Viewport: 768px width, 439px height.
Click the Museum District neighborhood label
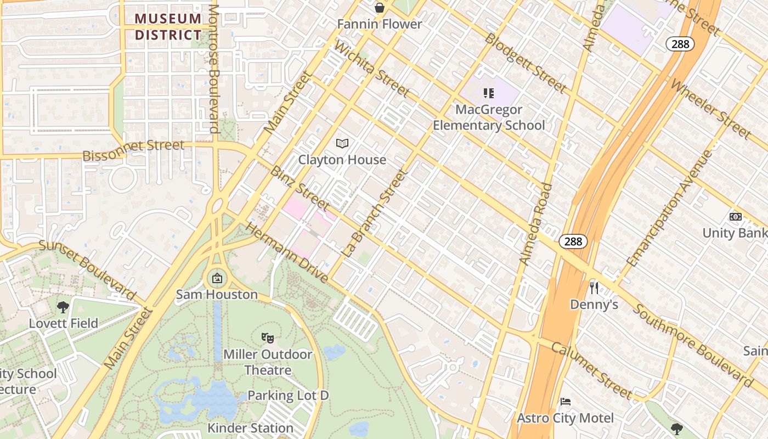[168, 26]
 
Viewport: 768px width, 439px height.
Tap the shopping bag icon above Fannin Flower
[379, 8]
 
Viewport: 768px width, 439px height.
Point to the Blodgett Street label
[526, 62]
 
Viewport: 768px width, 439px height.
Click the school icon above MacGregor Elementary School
[488, 93]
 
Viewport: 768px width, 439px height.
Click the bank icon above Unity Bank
[736, 217]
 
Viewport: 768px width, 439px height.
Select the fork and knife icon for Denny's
[594, 288]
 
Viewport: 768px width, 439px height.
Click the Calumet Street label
[591, 370]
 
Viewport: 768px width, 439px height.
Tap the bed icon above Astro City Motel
[566, 402]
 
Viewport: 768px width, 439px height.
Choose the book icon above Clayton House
[342, 143]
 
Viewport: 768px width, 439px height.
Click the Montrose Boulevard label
[214, 69]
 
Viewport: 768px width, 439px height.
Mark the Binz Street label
[299, 188]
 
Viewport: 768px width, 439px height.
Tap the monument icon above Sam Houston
[217, 278]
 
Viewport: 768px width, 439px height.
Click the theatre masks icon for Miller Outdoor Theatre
[268, 337]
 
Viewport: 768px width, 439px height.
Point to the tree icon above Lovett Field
[63, 307]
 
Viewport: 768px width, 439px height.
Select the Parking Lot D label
[288, 395]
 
